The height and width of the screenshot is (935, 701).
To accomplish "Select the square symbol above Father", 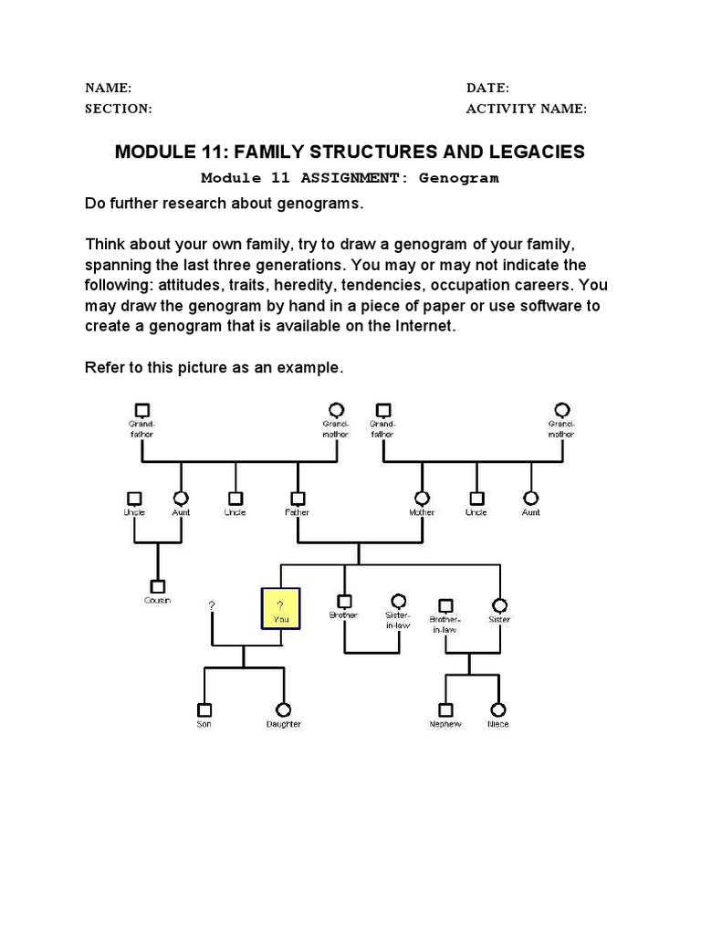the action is click(x=297, y=499).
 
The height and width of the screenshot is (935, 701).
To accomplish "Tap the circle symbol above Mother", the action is click(x=422, y=499).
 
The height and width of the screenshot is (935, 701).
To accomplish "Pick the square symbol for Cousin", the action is click(x=157, y=586).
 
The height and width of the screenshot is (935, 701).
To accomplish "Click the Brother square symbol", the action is click(x=344, y=602).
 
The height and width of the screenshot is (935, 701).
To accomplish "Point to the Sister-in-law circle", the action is click(x=398, y=601).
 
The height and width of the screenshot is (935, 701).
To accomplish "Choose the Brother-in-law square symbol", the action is click(x=445, y=604).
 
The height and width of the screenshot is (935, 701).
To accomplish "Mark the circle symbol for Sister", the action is click(x=499, y=604).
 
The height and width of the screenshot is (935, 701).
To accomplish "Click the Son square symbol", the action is click(x=204, y=709).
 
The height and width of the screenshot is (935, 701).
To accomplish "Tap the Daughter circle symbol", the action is click(x=283, y=709).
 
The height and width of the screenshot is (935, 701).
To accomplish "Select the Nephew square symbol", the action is click(x=445, y=709).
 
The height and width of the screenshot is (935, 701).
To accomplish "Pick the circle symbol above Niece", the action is click(x=497, y=709).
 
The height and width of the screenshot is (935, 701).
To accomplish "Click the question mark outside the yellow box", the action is click(x=212, y=605).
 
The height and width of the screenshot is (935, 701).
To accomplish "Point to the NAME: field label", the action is click(x=109, y=88).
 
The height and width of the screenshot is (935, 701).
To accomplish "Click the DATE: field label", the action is click(x=487, y=88).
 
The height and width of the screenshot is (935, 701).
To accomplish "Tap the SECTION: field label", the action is click(x=118, y=109).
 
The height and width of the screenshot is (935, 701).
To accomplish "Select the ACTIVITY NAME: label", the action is click(x=527, y=109).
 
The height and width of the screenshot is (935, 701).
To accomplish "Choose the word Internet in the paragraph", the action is click(x=420, y=326).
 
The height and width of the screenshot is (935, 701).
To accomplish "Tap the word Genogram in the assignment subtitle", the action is click(x=459, y=178).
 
